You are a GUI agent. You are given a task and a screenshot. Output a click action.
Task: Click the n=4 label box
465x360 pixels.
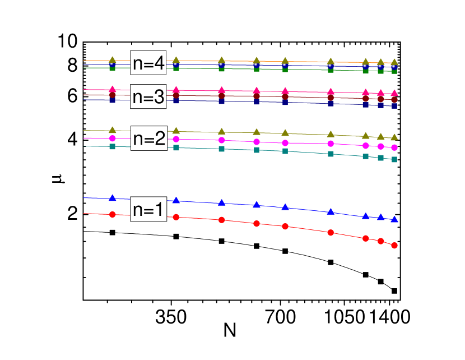click(x=148, y=63)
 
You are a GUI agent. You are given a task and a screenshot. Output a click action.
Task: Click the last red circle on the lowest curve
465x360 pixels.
click(x=394, y=246)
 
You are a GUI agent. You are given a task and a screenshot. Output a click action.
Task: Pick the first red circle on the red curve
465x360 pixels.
click(x=113, y=214)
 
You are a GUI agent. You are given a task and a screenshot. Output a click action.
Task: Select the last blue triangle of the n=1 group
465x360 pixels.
click(x=394, y=220)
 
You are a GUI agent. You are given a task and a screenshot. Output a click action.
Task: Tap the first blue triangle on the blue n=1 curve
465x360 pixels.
click(x=113, y=197)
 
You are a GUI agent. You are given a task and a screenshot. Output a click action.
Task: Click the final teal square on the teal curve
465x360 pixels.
click(x=394, y=160)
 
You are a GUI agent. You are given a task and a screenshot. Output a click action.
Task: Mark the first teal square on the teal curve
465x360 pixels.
click(x=113, y=146)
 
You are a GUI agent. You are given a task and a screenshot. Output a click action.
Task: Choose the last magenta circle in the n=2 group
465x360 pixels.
click(x=394, y=147)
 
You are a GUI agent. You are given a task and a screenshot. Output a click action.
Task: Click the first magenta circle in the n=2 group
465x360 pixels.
click(x=113, y=138)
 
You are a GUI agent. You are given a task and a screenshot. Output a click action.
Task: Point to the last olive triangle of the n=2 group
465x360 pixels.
click(x=394, y=137)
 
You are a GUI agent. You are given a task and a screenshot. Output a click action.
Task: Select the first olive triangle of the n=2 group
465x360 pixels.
click(x=113, y=130)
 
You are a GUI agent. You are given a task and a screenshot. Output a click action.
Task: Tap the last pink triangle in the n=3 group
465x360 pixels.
click(x=394, y=93)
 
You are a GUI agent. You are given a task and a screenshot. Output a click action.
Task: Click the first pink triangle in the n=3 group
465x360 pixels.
click(x=113, y=89)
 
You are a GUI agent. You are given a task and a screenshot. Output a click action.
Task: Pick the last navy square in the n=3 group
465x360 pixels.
click(x=394, y=105)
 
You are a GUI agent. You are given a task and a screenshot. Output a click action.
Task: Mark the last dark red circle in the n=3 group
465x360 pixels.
click(x=394, y=100)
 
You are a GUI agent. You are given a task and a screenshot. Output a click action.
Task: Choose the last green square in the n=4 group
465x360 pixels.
click(x=394, y=71)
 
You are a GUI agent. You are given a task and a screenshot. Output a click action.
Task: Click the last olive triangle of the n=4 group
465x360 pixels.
click(x=394, y=62)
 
